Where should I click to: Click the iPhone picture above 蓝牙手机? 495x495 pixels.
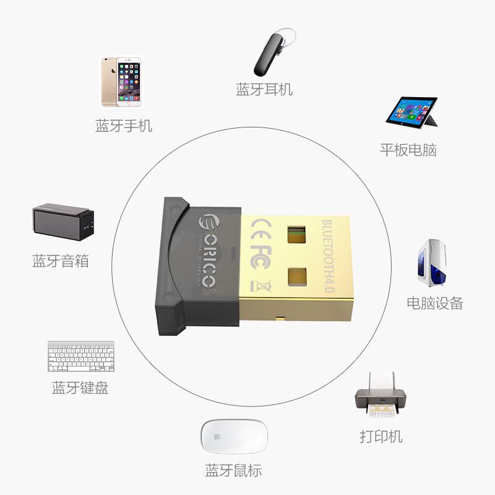click(x=123, y=82)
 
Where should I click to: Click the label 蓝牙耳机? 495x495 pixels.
click(x=264, y=89)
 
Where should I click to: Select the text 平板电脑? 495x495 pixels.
click(x=408, y=150)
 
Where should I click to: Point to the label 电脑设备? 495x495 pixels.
click(x=434, y=303)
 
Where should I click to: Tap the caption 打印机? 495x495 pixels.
click(x=381, y=436)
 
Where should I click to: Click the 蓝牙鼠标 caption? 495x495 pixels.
click(x=233, y=470)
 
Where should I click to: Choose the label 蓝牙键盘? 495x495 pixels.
click(x=80, y=388)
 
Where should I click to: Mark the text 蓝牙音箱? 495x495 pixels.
click(x=61, y=260)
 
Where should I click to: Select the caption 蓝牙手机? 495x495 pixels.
click(x=124, y=126)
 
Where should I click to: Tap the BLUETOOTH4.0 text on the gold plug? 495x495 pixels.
click(x=327, y=253)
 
